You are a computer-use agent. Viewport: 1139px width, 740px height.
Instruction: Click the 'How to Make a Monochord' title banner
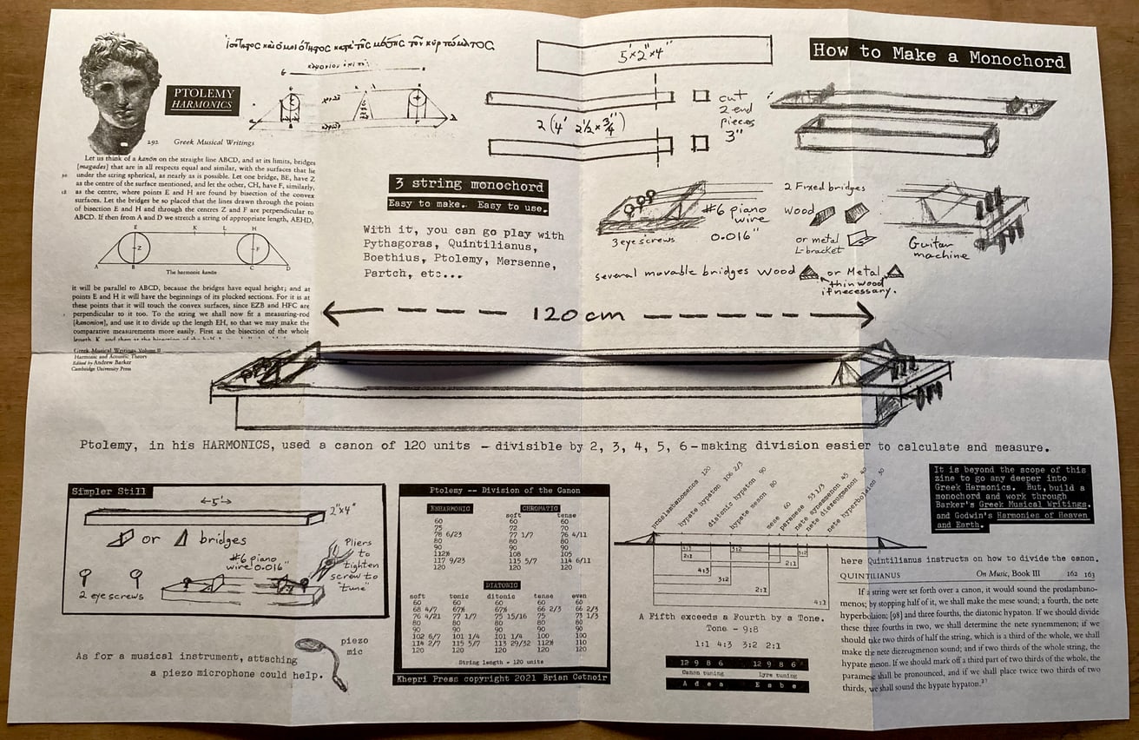pyautogui.click(x=939, y=56)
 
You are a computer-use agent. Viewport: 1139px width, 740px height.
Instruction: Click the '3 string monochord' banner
pyautogui.click(x=468, y=186)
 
